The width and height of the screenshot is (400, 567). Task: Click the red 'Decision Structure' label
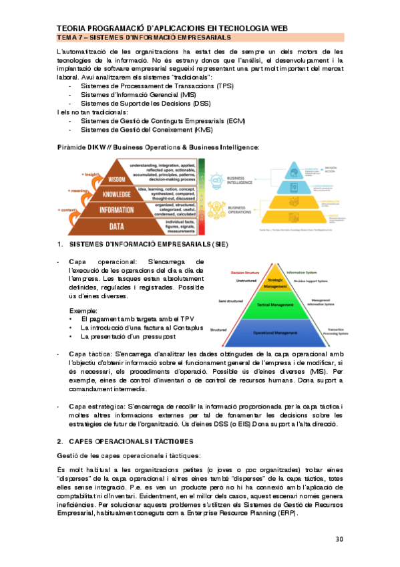245,273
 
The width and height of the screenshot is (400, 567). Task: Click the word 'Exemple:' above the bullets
83,311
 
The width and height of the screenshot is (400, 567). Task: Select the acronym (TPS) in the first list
221,87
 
